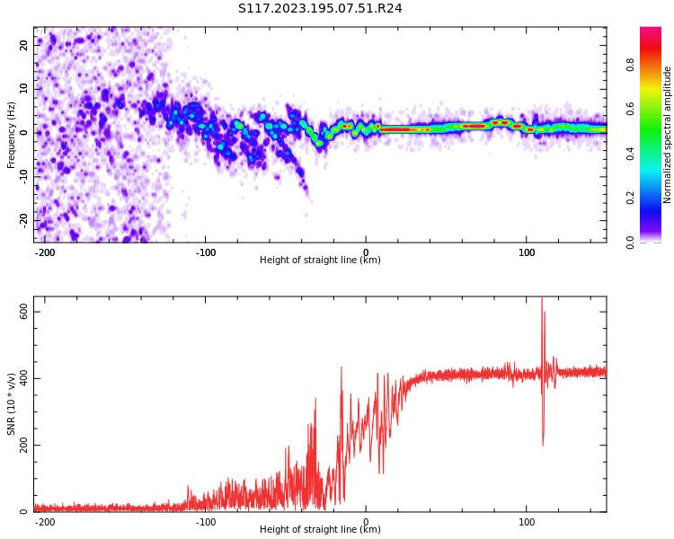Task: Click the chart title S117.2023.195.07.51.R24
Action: (320, 9)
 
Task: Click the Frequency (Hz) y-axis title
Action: (12, 135)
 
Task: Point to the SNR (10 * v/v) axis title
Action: (12, 404)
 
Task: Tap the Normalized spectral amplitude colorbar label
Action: (668, 135)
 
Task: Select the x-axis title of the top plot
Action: (320, 261)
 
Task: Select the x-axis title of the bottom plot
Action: (320, 530)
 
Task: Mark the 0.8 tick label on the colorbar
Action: (631, 65)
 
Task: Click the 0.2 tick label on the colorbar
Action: (631, 199)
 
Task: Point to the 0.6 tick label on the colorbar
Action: (631, 110)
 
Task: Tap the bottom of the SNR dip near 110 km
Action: (543, 445)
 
